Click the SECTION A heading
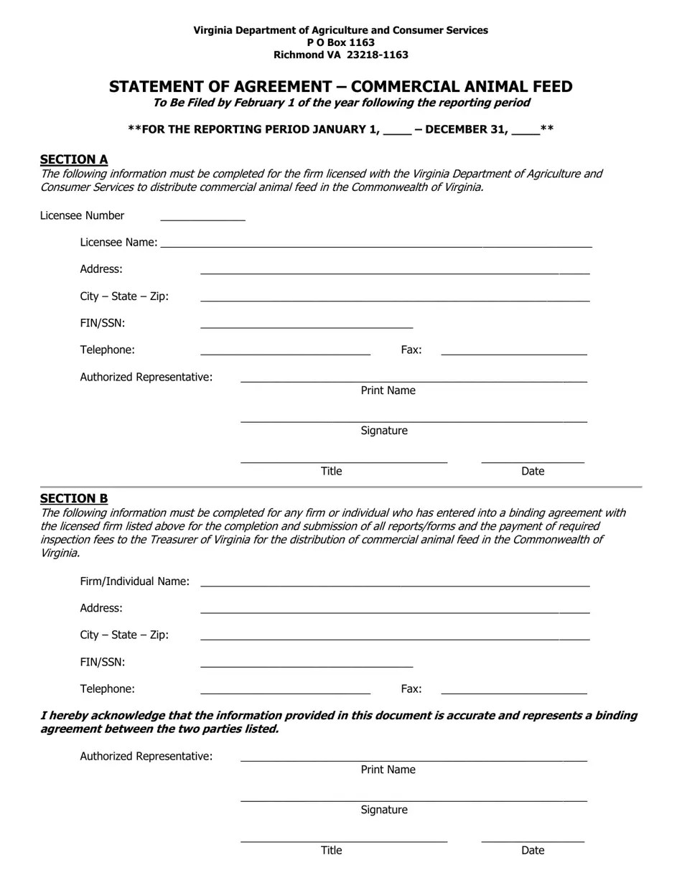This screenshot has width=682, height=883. click(74, 159)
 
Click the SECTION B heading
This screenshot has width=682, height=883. click(74, 498)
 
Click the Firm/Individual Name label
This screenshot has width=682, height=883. click(135, 581)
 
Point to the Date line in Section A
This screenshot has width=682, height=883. click(533, 459)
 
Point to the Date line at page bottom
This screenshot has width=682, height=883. click(533, 838)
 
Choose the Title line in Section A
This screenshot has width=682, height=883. click(344, 459)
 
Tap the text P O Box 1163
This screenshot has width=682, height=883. click(341, 42)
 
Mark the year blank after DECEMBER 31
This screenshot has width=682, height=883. click(525, 131)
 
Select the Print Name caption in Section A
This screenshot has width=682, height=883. click(388, 391)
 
